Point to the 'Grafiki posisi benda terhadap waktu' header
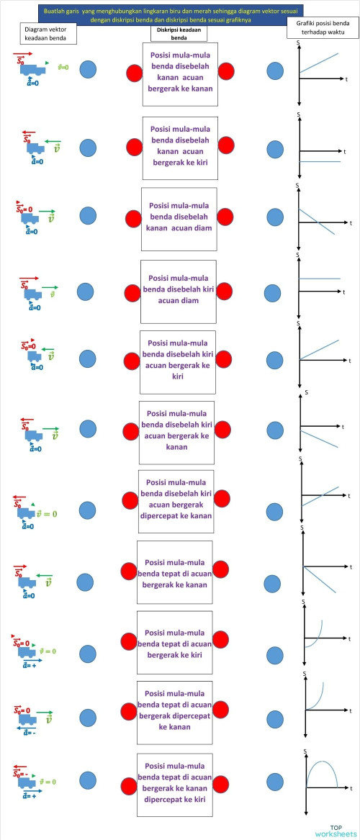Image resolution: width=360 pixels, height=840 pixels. click(322, 33)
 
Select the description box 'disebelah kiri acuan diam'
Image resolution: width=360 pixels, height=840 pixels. click(178, 290)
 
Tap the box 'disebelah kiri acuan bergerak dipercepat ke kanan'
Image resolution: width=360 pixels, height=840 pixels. click(176, 501)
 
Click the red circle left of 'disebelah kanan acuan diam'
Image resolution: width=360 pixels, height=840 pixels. click(133, 219)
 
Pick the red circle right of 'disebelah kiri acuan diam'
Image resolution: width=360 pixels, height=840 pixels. click(224, 291)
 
